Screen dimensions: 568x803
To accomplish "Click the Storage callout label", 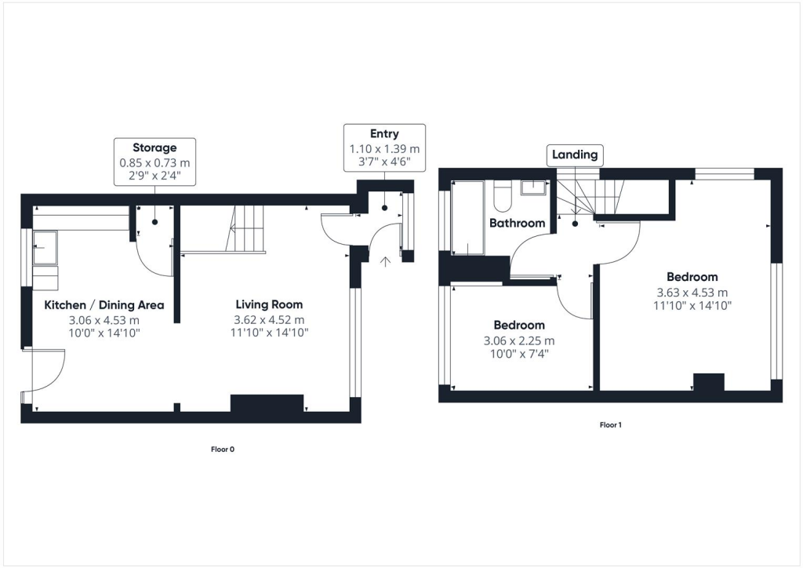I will click(154, 147).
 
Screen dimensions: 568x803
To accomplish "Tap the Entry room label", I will click(384, 134).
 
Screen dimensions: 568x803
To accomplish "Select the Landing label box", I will click(575, 155).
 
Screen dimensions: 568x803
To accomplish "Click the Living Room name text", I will click(269, 304).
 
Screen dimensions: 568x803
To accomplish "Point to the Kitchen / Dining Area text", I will click(104, 304).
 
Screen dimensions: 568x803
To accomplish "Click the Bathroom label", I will click(517, 223).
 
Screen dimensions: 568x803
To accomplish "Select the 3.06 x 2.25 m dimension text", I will click(518, 340).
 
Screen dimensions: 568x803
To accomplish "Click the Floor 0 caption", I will click(223, 450).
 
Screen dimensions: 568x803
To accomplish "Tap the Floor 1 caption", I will click(610, 424).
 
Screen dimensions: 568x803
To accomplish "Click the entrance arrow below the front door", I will click(384, 260).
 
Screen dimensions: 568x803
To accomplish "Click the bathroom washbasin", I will click(536, 188).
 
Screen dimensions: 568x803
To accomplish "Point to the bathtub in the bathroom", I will click(469, 217).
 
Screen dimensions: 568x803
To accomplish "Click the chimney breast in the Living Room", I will click(267, 403).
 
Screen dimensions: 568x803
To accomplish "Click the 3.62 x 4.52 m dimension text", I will click(269, 319).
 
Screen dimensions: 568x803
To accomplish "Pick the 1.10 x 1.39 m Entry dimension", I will click(384, 149).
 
